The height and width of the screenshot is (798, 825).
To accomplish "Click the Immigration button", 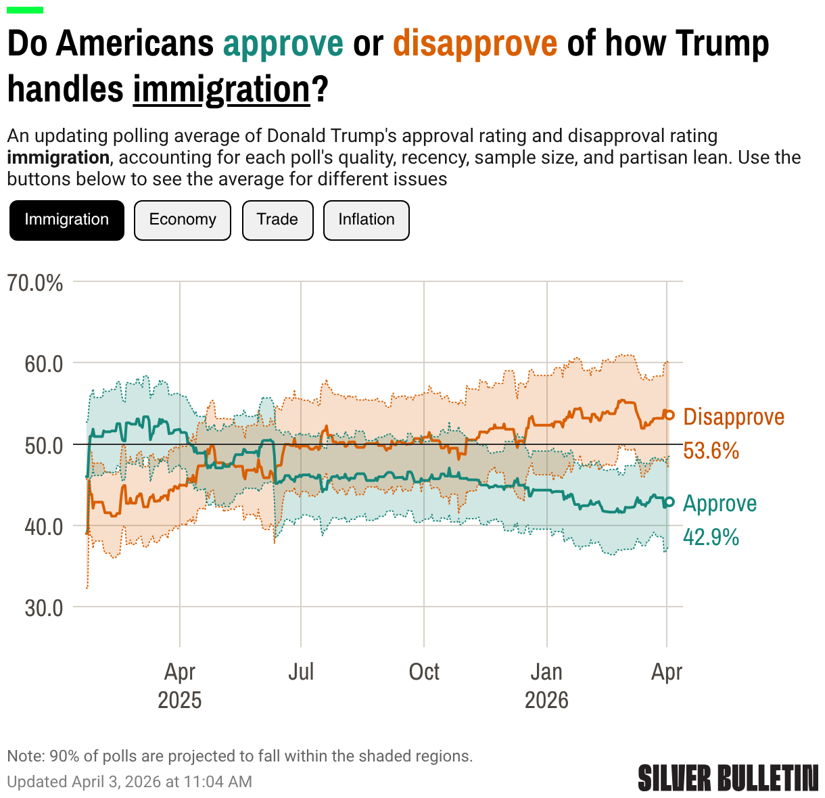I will coord(67,220).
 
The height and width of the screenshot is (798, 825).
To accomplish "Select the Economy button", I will coord(183,220).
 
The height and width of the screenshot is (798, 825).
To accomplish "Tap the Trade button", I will coord(277,220).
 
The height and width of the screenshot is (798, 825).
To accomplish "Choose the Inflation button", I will coord(367,220).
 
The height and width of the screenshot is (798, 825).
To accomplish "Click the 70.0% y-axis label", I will coord(35,282).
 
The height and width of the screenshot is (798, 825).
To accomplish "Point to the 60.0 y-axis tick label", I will coord(44,364).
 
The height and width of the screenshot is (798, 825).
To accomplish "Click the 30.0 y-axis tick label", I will coord(44,607).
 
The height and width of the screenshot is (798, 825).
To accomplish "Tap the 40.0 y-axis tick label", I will coord(44,526).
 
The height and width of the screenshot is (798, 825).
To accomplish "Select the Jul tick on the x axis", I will coord(301,672).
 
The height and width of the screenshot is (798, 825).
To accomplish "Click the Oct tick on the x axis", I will coord(424,672).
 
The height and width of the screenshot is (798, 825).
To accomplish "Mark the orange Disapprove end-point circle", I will coord(669,415).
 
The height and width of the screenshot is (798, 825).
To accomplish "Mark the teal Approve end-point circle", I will coord(669,502).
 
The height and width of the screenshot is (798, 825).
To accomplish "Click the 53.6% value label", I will coord(711,450).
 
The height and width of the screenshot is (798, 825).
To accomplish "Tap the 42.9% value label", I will coord(711,537).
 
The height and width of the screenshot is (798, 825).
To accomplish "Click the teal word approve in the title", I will coord(283,43).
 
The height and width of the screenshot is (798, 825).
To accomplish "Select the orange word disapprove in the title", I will coord(475,43).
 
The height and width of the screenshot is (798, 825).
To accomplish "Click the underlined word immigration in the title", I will coord(221,89).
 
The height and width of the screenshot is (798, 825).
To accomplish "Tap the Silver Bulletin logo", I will coord(728,778).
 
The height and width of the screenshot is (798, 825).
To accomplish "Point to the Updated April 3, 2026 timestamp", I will coord(129,782).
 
